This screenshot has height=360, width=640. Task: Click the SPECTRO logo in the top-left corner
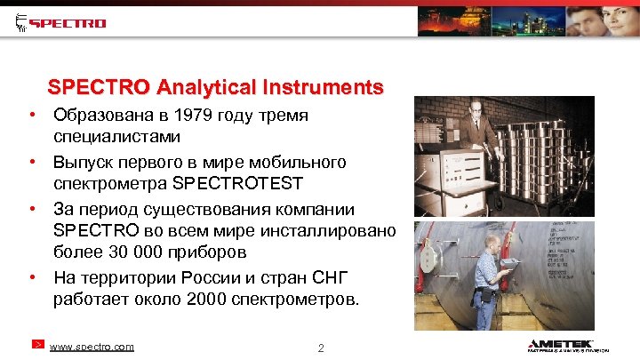pos(61,22)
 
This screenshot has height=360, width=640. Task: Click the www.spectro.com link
pos(92,347)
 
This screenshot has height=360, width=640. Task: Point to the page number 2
pos(320,348)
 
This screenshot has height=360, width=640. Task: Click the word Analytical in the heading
pos(206,88)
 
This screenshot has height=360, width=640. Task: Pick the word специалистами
pos(116,138)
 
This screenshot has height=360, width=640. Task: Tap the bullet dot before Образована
pos(31,116)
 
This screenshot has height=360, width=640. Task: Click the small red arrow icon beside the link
pos(38,344)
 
